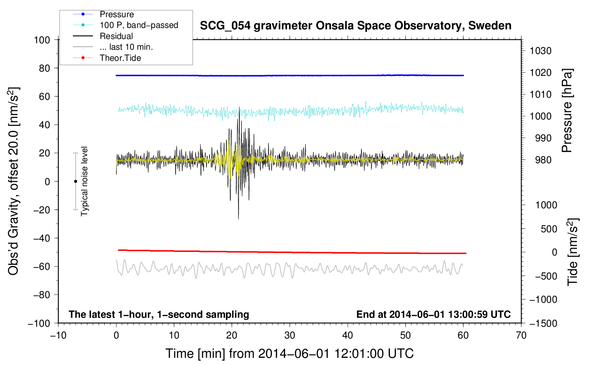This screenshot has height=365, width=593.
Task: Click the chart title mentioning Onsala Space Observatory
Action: click(355, 26)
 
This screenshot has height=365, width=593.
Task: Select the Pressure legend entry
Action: click(116, 14)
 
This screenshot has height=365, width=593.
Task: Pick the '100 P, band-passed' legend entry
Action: click(139, 25)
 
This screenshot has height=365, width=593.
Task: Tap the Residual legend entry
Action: click(116, 36)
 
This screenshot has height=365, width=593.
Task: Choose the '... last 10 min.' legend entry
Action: click(126, 47)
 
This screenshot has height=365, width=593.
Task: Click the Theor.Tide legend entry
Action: click(120, 58)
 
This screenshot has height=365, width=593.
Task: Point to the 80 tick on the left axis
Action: click(44, 68)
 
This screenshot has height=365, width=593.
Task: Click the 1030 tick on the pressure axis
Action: click(540, 51)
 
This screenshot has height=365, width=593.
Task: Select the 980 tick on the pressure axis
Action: click(543, 160)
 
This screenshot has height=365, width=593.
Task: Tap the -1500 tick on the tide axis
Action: click(543, 323)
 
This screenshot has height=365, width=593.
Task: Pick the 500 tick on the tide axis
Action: click(549, 229)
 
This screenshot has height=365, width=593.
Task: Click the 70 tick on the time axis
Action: click(521, 335)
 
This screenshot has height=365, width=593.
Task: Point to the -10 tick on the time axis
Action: click(58, 335)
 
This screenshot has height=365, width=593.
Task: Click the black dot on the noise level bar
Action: click(75, 181)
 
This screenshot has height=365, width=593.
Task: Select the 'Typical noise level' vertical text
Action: click(84, 181)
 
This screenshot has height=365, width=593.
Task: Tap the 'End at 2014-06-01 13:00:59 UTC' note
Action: click(433, 314)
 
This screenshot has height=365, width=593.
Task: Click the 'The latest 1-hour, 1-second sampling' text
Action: click(159, 314)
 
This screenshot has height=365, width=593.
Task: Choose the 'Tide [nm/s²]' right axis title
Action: click(572, 252)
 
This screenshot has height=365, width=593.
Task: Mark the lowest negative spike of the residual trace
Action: click(238, 219)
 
